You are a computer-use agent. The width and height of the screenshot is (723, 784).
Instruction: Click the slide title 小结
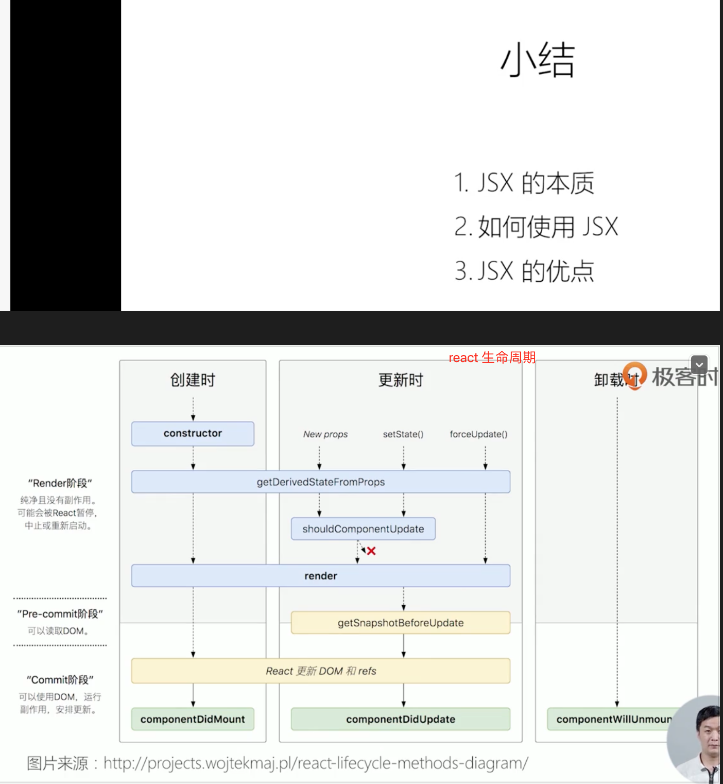pos(538,60)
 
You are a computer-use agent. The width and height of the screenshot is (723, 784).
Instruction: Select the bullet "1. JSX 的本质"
pos(524,183)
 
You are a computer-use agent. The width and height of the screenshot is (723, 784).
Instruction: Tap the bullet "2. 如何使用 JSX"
pos(536,227)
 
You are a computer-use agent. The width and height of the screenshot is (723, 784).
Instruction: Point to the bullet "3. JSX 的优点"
pos(524,271)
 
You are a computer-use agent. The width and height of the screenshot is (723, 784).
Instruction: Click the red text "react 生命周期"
pos(492,357)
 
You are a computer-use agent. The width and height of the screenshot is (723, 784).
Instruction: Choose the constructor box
pos(193,434)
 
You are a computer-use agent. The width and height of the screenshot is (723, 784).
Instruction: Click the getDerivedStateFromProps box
pos(320,482)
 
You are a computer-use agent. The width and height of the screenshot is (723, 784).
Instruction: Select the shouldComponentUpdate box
pos(363,529)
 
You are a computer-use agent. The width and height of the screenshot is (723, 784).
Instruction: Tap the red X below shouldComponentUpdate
pos(371,551)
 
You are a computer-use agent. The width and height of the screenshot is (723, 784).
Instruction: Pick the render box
pos(320,576)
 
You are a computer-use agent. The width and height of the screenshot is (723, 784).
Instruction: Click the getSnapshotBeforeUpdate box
pos(401,623)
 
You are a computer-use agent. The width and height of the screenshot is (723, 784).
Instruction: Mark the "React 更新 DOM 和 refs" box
pos(320,671)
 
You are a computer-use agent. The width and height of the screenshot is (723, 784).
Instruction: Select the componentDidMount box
pos(193,719)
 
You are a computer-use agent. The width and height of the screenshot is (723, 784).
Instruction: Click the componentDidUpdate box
pos(401,719)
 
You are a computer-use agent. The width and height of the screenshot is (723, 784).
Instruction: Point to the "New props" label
pos(325,434)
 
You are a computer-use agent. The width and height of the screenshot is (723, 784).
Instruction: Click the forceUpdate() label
pos(478,434)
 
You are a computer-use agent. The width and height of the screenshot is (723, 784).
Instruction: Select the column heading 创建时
pos(193,380)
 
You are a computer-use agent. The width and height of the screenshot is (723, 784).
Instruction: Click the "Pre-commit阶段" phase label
pos(60,614)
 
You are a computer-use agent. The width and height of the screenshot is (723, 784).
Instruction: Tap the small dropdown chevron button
pos(699,365)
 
